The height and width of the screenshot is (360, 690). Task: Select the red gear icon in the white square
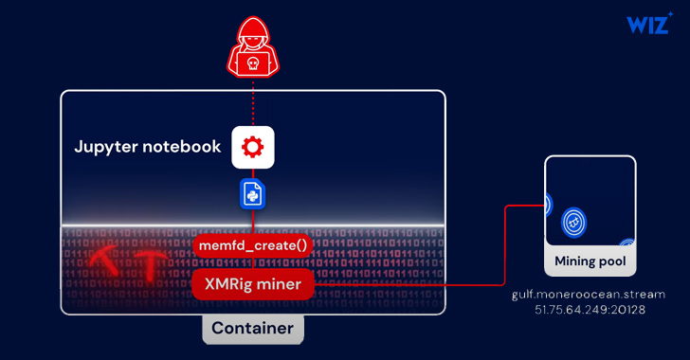pyautogui.click(x=252, y=147)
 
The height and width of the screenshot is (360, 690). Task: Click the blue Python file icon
pyautogui.click(x=252, y=193)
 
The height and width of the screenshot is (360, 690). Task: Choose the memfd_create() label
pyautogui.click(x=252, y=245)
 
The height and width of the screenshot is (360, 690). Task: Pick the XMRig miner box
pyautogui.click(x=252, y=283)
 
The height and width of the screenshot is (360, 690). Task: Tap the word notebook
pyautogui.click(x=186, y=148)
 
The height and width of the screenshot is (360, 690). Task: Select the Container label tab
pyautogui.click(x=252, y=329)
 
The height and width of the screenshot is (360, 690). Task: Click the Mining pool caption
pyautogui.click(x=590, y=261)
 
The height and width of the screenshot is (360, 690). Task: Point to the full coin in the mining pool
pyautogui.click(x=572, y=222)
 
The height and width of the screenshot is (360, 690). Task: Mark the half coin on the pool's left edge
pyautogui.click(x=549, y=204)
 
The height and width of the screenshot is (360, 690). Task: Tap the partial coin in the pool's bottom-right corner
pyautogui.click(x=627, y=244)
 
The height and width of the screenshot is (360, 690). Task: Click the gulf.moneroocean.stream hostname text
pyautogui.click(x=590, y=295)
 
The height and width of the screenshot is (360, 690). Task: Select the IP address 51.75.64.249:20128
pyautogui.click(x=590, y=310)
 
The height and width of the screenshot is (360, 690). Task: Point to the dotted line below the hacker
pyautogui.click(x=252, y=100)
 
